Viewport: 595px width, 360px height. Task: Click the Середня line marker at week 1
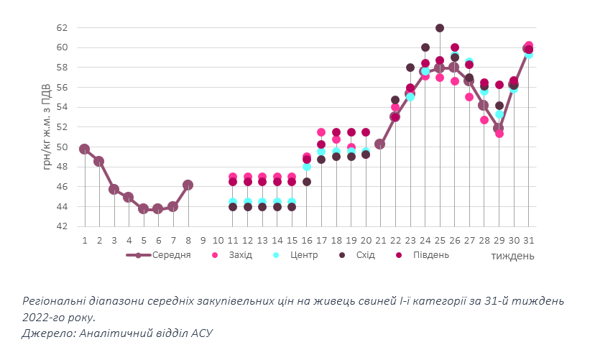click(84, 149)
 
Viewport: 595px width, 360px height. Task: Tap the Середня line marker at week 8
click(188, 185)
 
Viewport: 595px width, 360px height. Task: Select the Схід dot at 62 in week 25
click(439, 28)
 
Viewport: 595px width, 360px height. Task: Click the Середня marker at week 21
click(380, 144)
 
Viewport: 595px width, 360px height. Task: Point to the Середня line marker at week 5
click(143, 208)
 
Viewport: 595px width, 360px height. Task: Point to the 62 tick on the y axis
click(61, 28)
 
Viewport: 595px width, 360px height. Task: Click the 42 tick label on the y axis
click(61, 226)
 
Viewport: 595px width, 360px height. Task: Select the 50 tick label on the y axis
click(61, 147)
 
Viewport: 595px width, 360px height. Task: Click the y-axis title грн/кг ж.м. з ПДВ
click(47, 127)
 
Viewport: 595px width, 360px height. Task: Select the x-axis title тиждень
click(512, 255)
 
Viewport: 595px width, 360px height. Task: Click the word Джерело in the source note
click(46, 333)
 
